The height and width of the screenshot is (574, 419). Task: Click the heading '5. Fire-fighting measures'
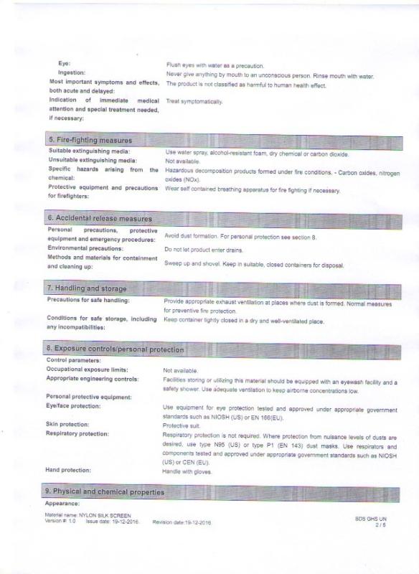click(x=90, y=140)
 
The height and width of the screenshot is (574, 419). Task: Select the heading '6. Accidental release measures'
click(x=100, y=218)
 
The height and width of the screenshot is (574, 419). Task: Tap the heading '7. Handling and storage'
click(x=87, y=288)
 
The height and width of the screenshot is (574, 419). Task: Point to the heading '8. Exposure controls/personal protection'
click(x=116, y=349)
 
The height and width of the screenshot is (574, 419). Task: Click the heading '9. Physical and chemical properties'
click(x=105, y=492)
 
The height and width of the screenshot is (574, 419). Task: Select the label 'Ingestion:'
click(x=72, y=73)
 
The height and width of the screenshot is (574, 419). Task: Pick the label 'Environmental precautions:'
click(x=85, y=248)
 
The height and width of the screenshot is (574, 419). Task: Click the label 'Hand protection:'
click(x=68, y=470)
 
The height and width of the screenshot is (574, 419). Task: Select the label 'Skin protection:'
click(x=67, y=424)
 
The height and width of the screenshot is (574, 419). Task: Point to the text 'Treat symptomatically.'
click(x=194, y=102)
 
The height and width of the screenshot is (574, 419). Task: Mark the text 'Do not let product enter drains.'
click(x=203, y=250)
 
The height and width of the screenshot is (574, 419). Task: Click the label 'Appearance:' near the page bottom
click(x=62, y=504)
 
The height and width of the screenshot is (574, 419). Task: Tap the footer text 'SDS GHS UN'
click(x=371, y=518)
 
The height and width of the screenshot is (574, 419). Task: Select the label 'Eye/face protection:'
click(x=73, y=406)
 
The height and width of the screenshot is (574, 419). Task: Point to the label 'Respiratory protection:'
click(x=77, y=433)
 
